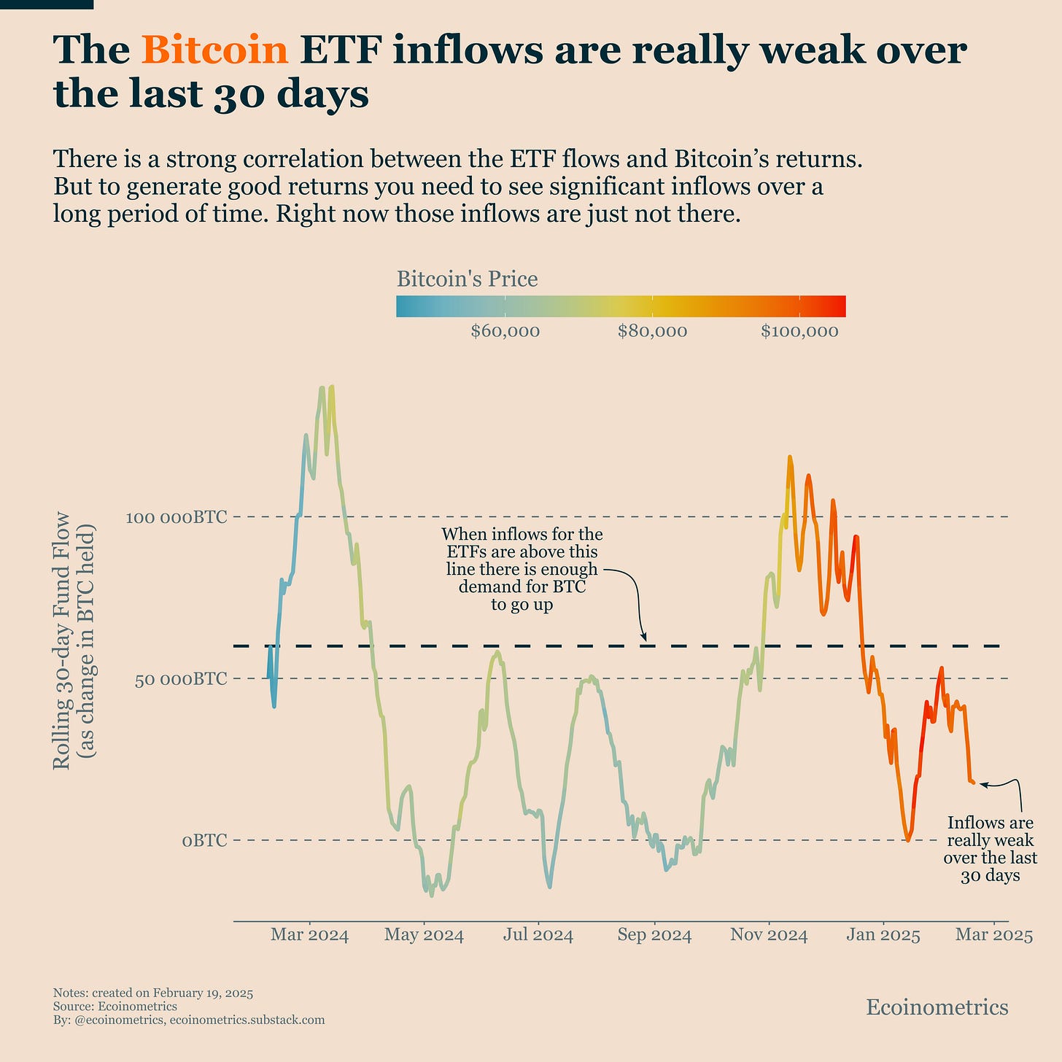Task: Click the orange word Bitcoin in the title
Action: coord(215,51)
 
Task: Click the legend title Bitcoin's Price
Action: coord(467,279)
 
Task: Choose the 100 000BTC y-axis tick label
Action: coord(177,517)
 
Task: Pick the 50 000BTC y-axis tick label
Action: coord(180,679)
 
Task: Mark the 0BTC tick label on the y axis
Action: coord(204,841)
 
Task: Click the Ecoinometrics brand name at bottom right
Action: coord(937,1008)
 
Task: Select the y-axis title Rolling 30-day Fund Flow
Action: coord(63,640)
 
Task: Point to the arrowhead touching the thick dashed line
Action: coord(643,638)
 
